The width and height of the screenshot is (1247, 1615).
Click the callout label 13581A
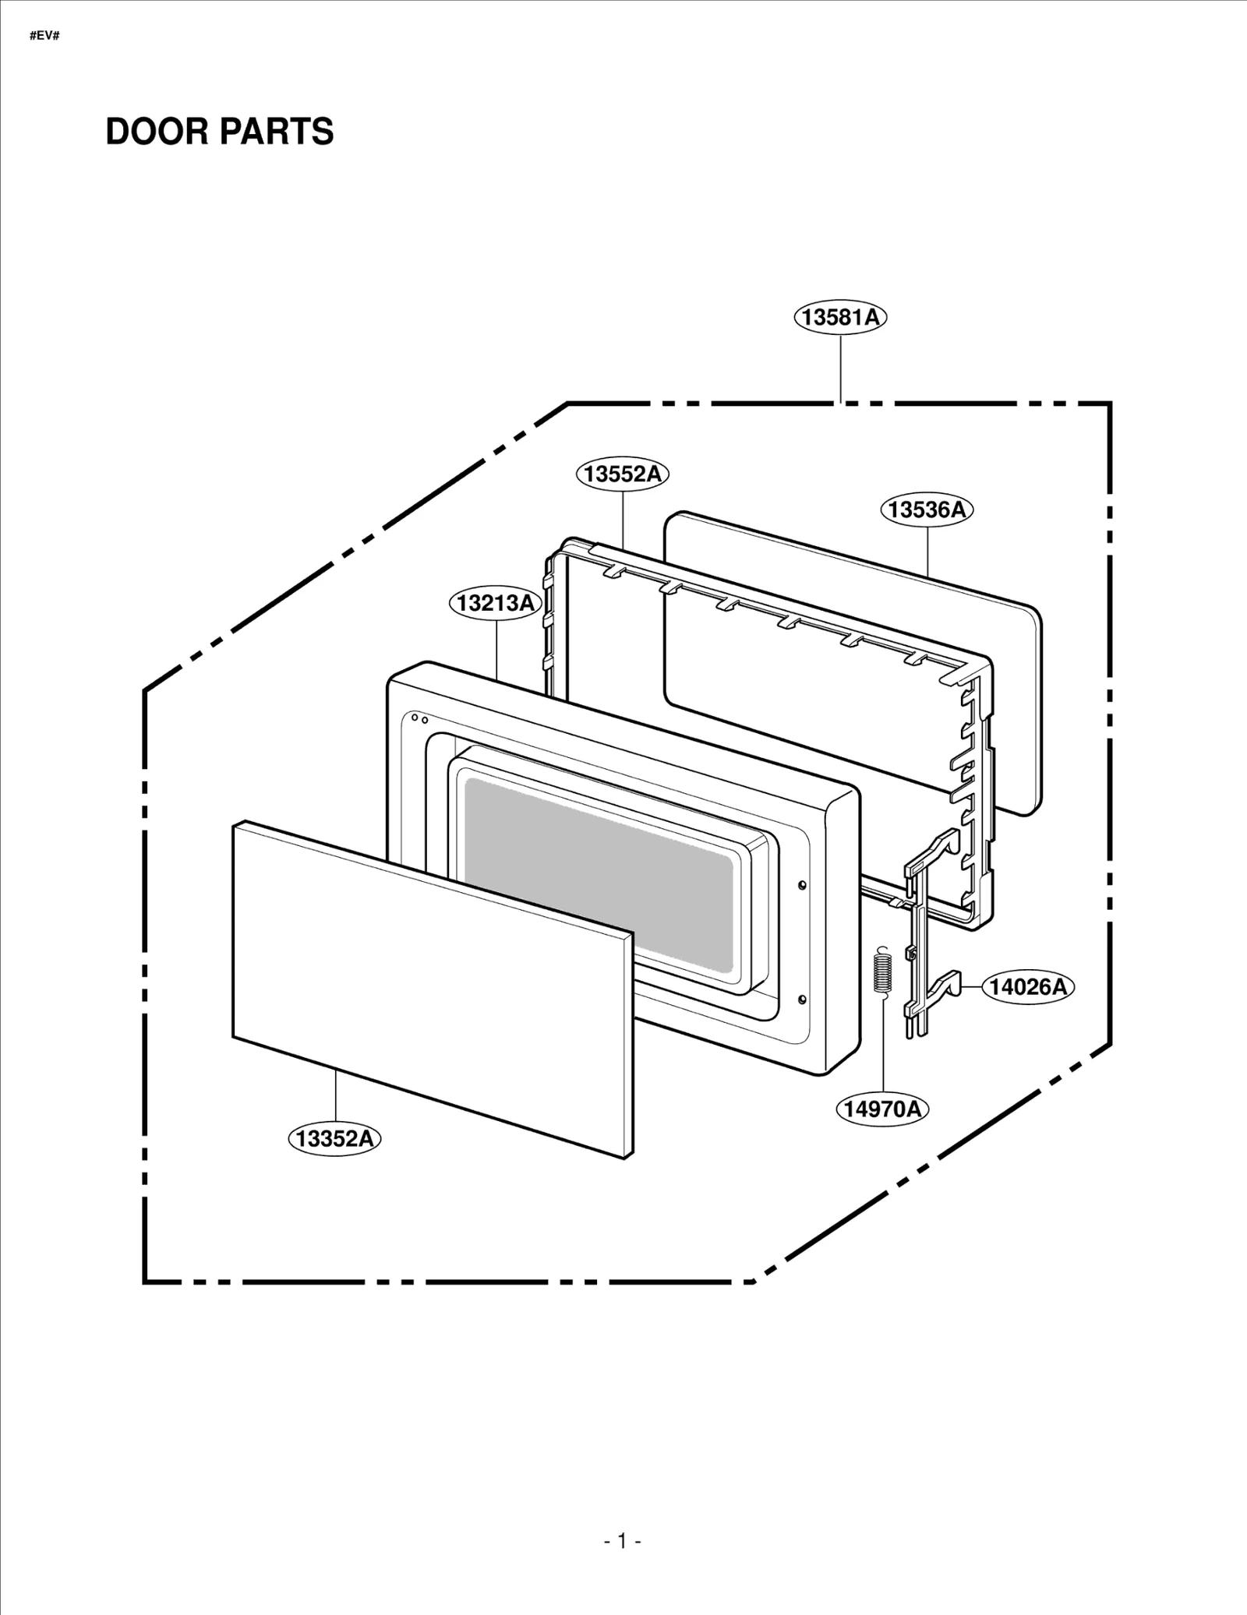point(840,317)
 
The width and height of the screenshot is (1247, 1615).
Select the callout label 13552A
point(623,473)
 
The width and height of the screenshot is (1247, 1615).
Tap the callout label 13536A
point(927,510)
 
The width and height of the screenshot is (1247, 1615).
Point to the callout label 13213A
point(496,603)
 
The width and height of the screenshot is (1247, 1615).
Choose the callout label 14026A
point(1027,986)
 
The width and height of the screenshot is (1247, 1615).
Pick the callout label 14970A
point(882,1108)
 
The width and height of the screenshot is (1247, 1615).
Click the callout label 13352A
point(335,1138)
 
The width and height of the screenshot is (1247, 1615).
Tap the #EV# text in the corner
point(44,36)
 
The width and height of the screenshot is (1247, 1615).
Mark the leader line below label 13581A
point(840,366)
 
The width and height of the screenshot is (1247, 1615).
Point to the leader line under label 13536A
point(927,550)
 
